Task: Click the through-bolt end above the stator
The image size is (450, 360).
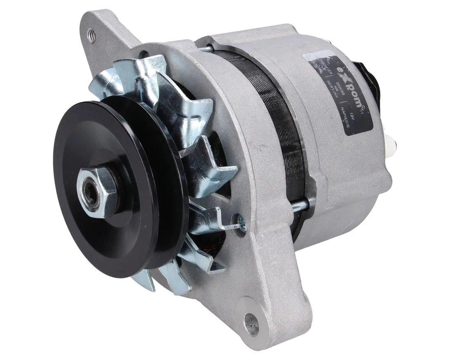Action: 209,47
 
